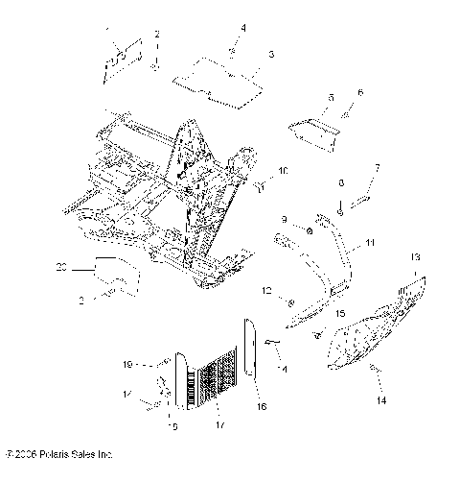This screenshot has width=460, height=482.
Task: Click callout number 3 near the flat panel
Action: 271,55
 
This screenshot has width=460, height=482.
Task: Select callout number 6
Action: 360,92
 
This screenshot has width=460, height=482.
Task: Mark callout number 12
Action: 268,291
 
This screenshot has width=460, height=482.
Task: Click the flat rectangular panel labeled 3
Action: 218,81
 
